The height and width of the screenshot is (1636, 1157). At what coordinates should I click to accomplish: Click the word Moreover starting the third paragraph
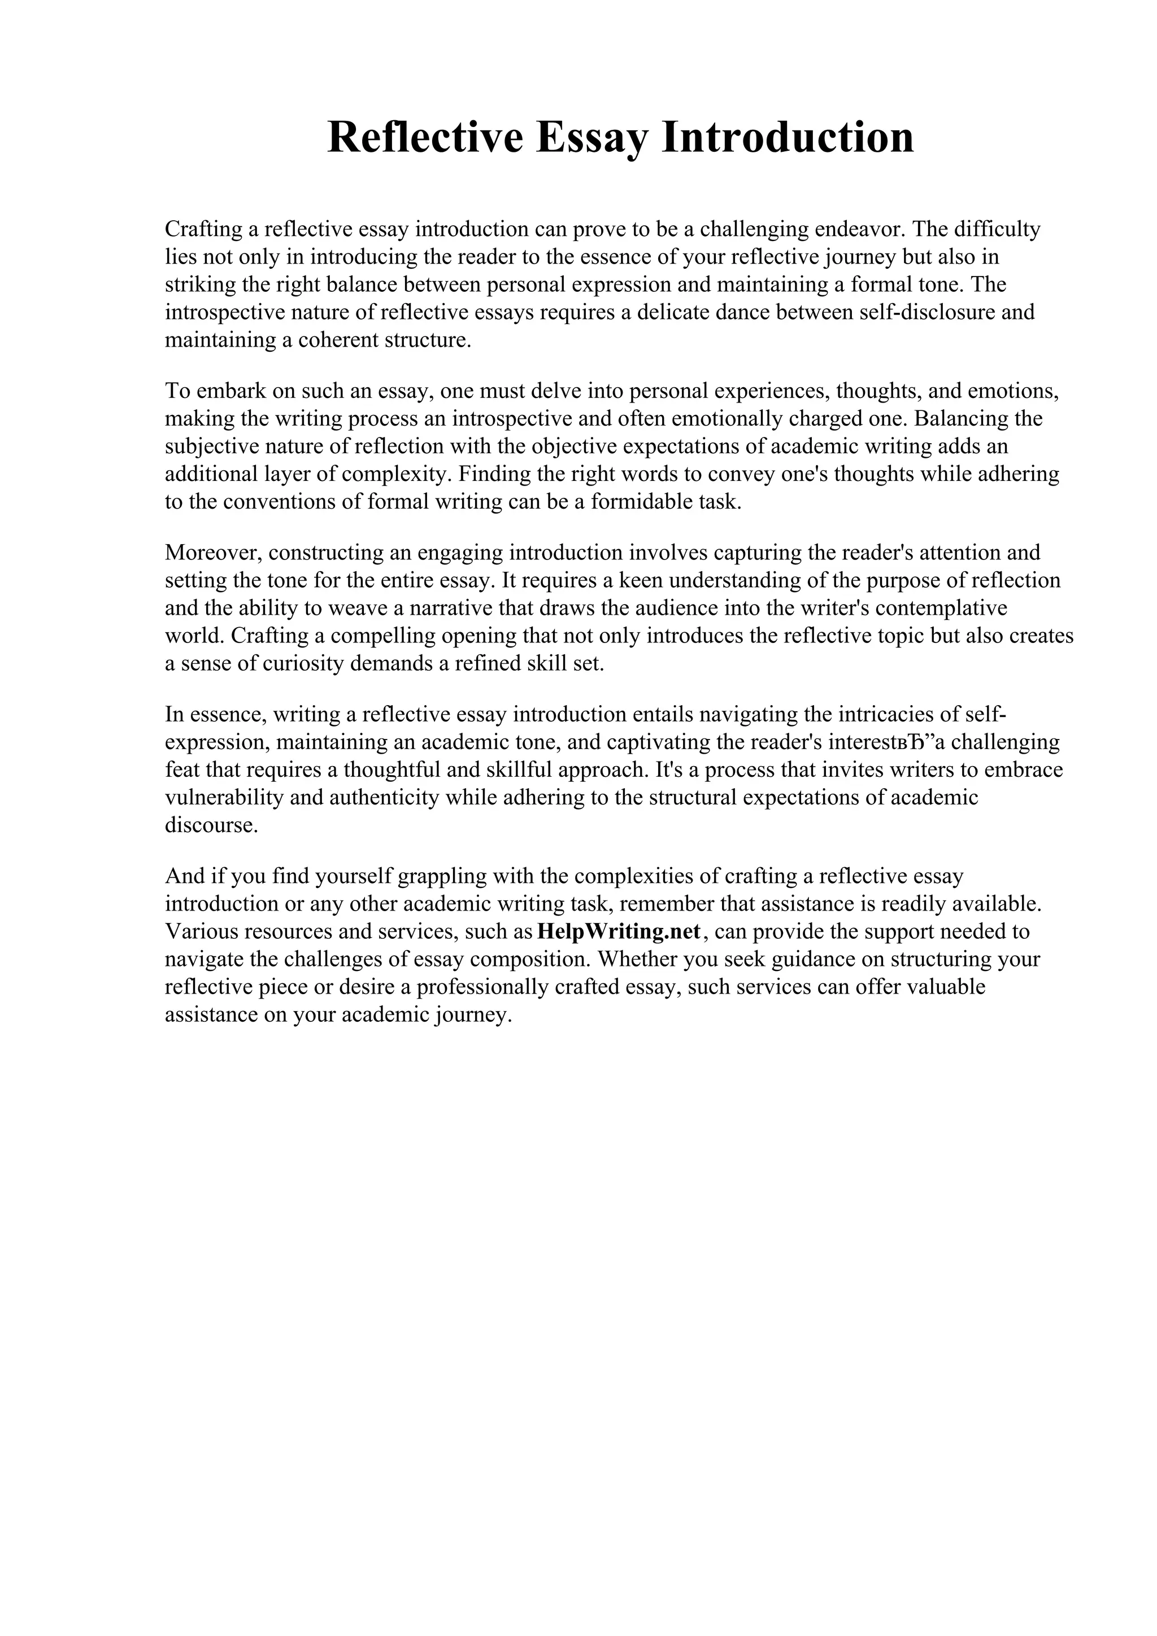[x=213, y=552]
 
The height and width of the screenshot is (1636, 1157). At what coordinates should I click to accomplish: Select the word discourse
[x=211, y=825]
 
